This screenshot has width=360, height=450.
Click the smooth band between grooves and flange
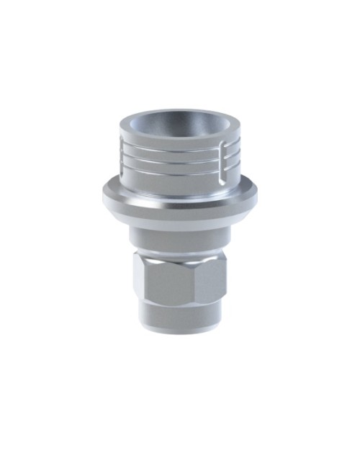[x=176, y=176]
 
